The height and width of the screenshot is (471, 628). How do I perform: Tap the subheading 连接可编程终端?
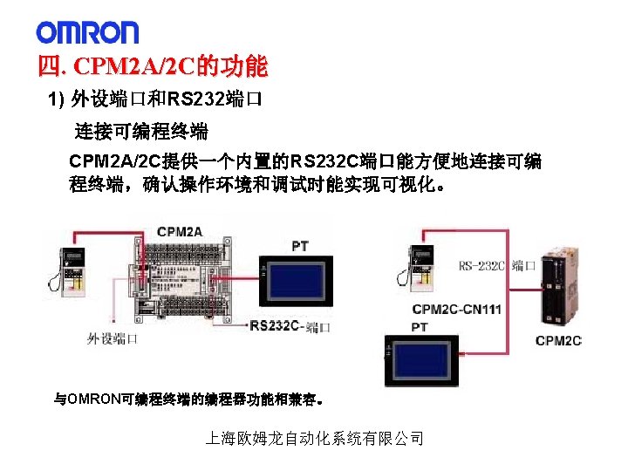(140, 133)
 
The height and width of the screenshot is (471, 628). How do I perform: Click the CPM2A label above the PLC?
(180, 231)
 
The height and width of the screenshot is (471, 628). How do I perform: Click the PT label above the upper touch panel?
(299, 246)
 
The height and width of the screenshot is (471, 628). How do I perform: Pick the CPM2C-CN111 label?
(456, 309)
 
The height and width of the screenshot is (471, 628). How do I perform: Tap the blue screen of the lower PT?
(431, 362)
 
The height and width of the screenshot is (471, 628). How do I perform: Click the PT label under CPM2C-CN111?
(420, 327)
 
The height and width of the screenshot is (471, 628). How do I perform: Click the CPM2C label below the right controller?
(558, 340)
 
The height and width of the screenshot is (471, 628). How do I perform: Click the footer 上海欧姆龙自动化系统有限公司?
(314, 439)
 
